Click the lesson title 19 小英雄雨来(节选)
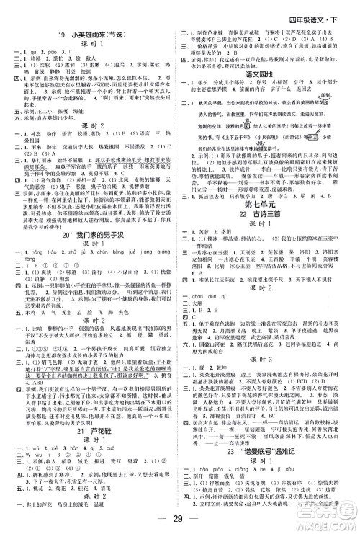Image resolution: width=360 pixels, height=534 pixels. (x=89, y=32)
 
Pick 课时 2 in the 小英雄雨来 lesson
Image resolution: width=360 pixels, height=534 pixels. (x=89, y=164)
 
